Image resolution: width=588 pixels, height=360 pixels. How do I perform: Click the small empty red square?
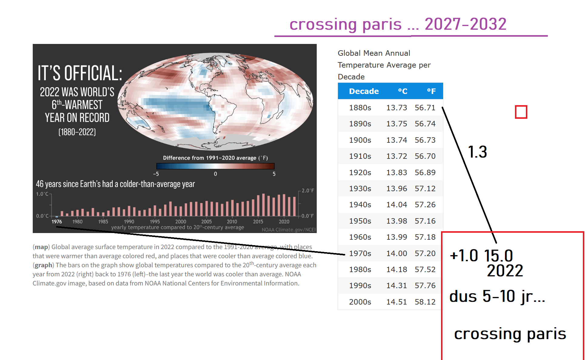[x=521, y=112]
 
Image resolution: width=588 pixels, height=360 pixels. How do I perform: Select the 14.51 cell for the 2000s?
[x=396, y=302]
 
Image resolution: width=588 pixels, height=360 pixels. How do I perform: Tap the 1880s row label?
[x=360, y=108]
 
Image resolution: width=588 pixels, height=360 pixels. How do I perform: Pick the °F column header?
[x=431, y=91]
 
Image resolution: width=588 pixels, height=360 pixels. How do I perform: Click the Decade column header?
[x=364, y=91]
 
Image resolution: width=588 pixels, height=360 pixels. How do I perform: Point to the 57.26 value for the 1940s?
[x=425, y=205]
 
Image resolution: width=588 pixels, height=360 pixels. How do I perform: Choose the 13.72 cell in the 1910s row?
[x=396, y=156]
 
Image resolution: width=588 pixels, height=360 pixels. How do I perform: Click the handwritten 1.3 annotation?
[x=477, y=152]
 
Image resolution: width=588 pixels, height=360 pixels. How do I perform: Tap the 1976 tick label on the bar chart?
[x=57, y=222]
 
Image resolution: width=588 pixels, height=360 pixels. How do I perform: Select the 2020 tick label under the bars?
[x=284, y=222]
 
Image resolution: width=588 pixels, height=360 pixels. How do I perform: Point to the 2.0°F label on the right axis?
[x=308, y=191]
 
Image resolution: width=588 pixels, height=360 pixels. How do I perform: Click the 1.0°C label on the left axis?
[x=42, y=194]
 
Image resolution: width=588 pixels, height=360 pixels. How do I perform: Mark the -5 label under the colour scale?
[x=156, y=174]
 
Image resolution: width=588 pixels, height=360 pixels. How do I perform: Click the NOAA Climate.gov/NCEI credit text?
[x=289, y=230]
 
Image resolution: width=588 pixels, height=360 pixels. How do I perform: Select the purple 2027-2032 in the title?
[x=466, y=24]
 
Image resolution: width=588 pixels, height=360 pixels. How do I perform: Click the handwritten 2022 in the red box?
[x=505, y=271]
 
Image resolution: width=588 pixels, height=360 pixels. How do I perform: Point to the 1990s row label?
[x=360, y=285]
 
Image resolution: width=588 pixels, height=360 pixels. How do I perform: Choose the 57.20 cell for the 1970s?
[x=425, y=253]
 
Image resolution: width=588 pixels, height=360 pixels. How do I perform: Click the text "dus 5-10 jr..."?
[x=497, y=296]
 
